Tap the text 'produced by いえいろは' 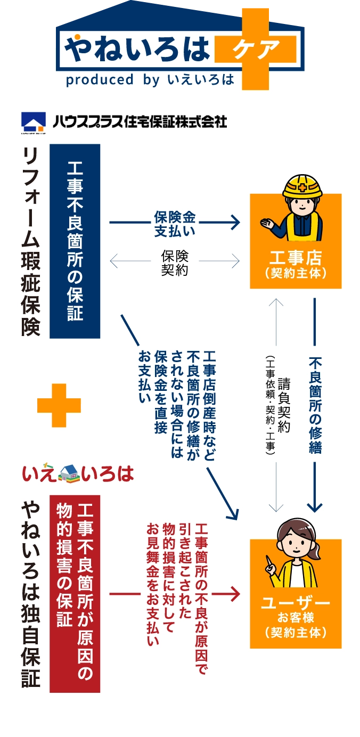coord(150,80)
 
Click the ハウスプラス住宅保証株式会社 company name coord(140,121)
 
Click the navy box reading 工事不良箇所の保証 coord(75,241)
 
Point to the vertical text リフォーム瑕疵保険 coord(31,241)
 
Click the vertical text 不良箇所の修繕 coord(315,405)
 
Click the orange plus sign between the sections coord(59,405)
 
